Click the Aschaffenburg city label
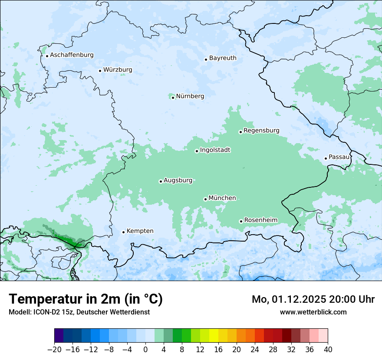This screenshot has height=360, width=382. pyautogui.click(x=72, y=55)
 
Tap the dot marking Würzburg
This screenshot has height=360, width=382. pyautogui.click(x=100, y=71)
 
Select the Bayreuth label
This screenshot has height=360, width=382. pyautogui.click(x=223, y=58)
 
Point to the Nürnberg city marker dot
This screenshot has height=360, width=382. pyautogui.click(x=173, y=98)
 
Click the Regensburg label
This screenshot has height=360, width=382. pyautogui.click(x=261, y=131)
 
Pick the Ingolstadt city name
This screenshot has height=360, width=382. pyautogui.click(x=215, y=150)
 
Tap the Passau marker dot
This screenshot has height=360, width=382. pyautogui.click(x=326, y=158)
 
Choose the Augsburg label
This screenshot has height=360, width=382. pyautogui.click(x=178, y=180)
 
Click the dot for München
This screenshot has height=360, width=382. pyautogui.click(x=205, y=199)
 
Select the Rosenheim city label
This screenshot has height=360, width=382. pyautogui.click(x=260, y=220)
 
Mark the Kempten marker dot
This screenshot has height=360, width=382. pyautogui.click(x=123, y=232)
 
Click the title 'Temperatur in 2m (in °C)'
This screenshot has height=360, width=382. pyautogui.click(x=86, y=299)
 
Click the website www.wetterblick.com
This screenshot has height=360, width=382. pyautogui.click(x=313, y=312)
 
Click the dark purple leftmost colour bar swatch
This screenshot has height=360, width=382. pyautogui.click(x=59, y=336)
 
